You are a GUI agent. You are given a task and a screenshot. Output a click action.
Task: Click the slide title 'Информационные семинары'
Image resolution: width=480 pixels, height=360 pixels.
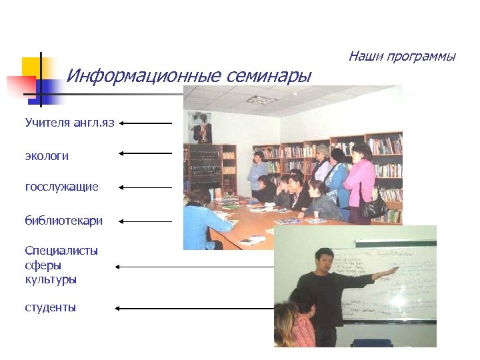[x=189, y=76]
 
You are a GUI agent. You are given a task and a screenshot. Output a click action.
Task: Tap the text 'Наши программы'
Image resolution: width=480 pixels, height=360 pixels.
[x=401, y=56]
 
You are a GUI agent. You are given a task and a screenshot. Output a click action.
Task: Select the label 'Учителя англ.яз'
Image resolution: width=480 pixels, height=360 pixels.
[x=70, y=123]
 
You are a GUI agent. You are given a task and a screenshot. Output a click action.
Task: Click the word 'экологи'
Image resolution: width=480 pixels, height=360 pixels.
[x=47, y=156]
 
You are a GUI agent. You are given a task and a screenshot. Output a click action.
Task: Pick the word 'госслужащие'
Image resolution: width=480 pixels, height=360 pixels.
[x=61, y=187]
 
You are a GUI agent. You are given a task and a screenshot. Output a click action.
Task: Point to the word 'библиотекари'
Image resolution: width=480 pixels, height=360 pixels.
[x=63, y=221]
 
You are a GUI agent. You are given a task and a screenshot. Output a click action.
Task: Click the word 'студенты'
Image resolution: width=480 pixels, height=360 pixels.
[x=50, y=307]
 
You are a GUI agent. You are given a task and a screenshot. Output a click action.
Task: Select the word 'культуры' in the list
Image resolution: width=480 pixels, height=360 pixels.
[x=51, y=279]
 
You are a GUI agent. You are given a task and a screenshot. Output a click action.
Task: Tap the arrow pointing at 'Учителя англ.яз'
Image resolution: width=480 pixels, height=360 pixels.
[x=146, y=123]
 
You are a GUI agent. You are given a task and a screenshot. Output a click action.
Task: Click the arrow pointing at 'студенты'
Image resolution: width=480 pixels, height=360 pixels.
[x=193, y=308]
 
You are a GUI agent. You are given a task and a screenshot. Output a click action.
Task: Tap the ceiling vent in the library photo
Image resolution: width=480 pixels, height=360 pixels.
[x=261, y=99]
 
